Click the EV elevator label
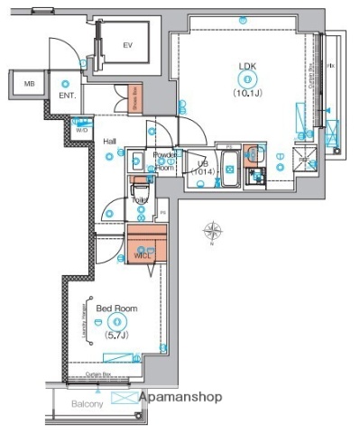(128, 44)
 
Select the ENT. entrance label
(68, 93)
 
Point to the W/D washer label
(81, 130)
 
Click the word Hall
(108, 142)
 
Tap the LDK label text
(246, 66)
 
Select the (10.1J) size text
(246, 92)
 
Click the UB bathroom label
(203, 163)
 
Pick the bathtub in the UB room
(227, 167)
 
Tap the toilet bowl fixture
(141, 196)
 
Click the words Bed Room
(116, 309)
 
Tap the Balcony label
(88, 403)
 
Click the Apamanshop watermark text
(180, 396)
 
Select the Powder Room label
(164, 161)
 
